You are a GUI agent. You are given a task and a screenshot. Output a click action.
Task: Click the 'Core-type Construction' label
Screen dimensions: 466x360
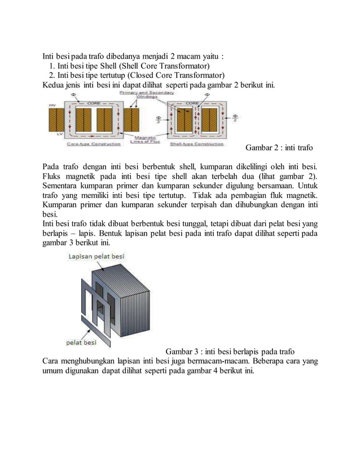[94, 144]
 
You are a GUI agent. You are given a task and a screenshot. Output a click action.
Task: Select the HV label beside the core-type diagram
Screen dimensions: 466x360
[52, 105]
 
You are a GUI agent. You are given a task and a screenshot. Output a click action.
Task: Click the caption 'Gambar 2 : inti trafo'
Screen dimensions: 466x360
[279, 148]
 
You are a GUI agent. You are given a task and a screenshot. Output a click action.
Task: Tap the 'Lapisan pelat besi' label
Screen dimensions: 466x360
[96, 257]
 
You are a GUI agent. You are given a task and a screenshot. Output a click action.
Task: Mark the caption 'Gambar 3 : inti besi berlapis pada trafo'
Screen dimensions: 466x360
[230, 351]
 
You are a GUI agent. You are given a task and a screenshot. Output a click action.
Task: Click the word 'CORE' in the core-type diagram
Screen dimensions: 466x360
[93, 103]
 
